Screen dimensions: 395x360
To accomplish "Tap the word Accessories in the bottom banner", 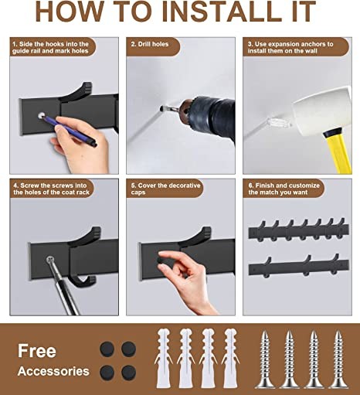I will pos(54,372).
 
